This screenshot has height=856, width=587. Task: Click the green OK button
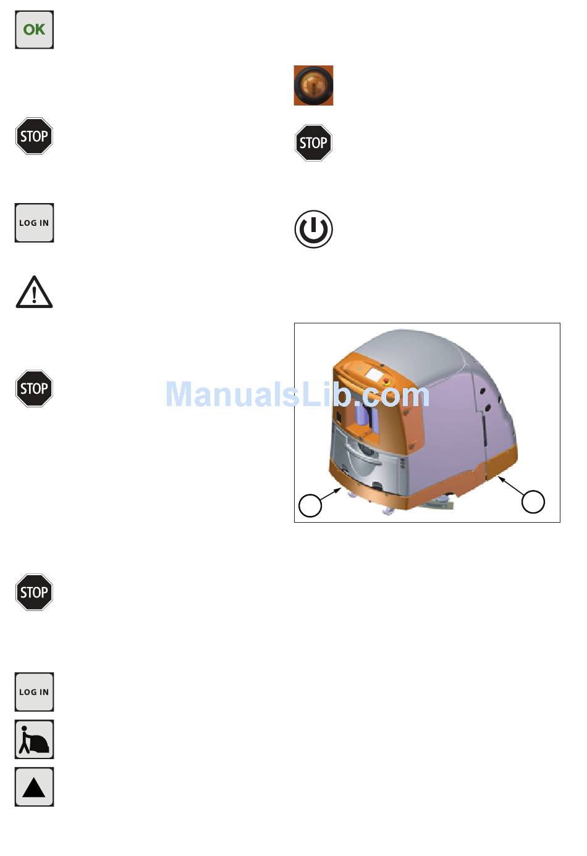tap(34, 30)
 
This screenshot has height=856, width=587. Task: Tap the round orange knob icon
tap(313, 85)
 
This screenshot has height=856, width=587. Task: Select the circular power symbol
tap(313, 230)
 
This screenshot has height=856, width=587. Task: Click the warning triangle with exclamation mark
tap(34, 293)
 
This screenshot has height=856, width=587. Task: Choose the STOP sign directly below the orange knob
tap(313, 143)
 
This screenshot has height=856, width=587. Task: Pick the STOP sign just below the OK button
tap(34, 136)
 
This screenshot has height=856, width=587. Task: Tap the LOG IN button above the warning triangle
tap(34, 223)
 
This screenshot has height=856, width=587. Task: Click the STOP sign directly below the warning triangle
tap(34, 388)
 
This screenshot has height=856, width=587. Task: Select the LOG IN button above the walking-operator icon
tap(34, 692)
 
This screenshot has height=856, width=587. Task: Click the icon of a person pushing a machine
tap(34, 739)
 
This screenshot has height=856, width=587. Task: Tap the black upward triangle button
tap(34, 787)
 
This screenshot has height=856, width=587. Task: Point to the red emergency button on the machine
tap(387, 381)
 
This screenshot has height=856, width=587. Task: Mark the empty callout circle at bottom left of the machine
tap(310, 505)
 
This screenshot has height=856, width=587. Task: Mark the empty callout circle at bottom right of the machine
tap(533, 502)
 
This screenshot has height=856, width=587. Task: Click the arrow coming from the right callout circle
tap(511, 486)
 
